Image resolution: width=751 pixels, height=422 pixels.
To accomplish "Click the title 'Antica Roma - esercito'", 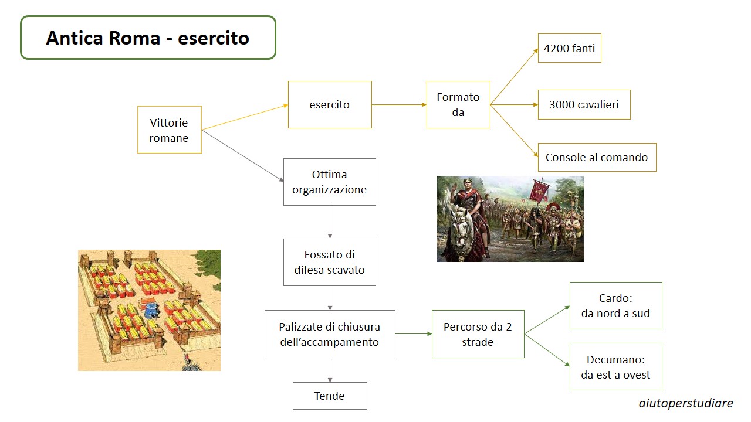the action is (147, 38).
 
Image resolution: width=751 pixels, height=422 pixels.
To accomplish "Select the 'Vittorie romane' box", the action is (170, 130).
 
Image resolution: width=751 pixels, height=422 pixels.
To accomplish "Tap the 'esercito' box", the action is (330, 104).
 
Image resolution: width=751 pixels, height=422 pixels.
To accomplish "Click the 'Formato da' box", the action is (458, 104).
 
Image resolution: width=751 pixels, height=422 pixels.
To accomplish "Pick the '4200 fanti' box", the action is (570, 48).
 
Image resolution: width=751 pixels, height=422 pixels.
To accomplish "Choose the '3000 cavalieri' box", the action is (584, 104).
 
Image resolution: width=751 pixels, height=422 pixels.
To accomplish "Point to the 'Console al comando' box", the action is (597, 158).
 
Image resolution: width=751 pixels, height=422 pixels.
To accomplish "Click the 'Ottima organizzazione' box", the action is (330, 182).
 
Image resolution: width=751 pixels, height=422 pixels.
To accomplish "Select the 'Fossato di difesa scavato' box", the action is (330, 262).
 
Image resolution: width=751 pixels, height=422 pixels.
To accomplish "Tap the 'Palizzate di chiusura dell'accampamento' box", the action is (330, 334).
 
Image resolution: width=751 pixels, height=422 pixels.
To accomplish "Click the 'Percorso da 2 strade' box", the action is (478, 334).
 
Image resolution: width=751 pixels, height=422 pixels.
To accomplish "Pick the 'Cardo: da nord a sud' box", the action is (616, 306).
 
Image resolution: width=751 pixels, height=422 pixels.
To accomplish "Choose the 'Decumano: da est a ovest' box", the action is (616, 367).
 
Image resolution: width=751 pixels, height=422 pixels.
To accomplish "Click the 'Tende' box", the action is (330, 396).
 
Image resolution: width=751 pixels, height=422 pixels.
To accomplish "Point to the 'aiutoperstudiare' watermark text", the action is (686, 403).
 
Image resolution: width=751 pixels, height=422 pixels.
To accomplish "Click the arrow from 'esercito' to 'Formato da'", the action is (399, 104).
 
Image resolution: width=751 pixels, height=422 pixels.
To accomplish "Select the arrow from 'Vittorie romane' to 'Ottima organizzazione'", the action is (243, 156).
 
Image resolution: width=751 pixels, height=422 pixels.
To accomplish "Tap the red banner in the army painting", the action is (539, 191).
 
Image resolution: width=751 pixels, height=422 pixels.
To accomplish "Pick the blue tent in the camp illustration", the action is (152, 309).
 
